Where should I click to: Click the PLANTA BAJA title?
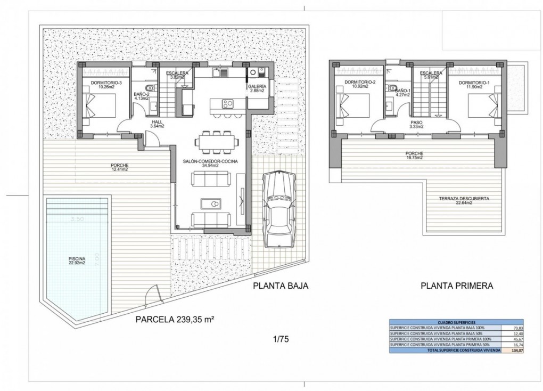(281, 286)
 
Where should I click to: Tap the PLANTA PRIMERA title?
(456, 286)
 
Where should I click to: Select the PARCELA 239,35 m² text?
(175, 320)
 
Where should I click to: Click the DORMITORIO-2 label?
(360, 85)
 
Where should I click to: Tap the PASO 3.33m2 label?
(417, 124)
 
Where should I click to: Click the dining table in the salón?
(212, 142)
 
